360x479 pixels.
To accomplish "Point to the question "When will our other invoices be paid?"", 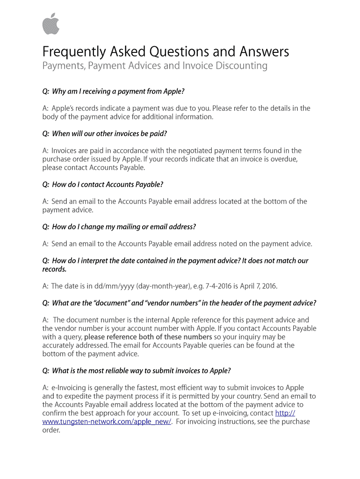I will coord(109,134).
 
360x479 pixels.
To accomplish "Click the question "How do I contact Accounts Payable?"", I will coord(107,184).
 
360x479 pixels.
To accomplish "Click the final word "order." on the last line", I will coord(51,430).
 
